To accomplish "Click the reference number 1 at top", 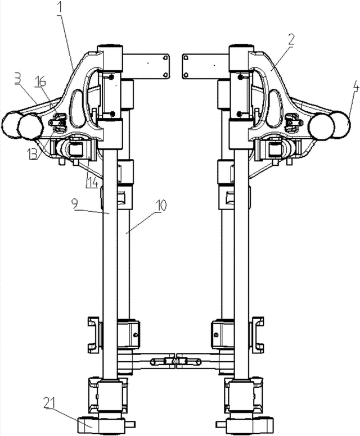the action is (61, 8).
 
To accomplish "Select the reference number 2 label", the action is (291, 40).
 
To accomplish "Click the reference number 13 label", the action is (33, 154).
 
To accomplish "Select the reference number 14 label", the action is (92, 182).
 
